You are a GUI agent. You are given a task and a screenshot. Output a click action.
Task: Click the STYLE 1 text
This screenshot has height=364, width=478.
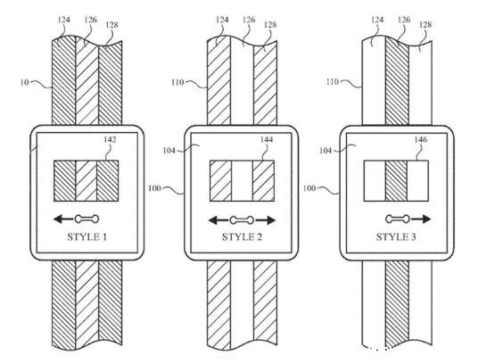click(x=87, y=237)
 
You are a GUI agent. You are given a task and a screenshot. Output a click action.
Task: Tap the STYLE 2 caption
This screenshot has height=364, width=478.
click(x=242, y=237)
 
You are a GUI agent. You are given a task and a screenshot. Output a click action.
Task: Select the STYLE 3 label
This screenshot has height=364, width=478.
click(x=396, y=237)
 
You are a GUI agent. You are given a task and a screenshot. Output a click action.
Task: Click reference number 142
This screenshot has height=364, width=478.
click(x=110, y=140)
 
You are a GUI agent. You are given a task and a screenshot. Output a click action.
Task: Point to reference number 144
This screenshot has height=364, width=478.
click(x=267, y=140)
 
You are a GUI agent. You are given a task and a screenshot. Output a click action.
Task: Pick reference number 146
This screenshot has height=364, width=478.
click(x=421, y=140)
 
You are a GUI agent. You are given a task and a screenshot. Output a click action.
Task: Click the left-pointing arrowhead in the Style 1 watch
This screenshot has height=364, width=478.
click(x=59, y=219)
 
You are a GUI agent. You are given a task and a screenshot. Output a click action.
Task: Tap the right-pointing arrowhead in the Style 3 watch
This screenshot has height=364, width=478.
click(x=425, y=219)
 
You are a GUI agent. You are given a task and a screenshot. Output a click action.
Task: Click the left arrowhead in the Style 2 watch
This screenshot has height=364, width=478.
click(x=214, y=220)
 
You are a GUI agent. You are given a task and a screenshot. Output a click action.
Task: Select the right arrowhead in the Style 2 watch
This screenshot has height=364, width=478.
click(x=270, y=220)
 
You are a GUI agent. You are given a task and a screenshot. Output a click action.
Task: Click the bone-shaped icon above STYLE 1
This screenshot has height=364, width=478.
click(x=87, y=219)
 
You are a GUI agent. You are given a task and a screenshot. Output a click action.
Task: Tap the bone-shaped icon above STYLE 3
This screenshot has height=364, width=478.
click(x=398, y=219)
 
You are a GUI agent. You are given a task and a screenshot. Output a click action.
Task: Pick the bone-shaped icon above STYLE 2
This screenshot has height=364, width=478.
click(x=242, y=220)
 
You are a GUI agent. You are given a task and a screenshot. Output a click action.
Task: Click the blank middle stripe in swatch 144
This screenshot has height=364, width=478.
click(x=242, y=181)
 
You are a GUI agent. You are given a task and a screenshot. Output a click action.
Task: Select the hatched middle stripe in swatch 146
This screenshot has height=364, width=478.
click(x=396, y=181)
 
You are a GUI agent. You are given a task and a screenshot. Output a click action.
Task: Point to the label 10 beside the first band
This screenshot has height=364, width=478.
click(x=25, y=82)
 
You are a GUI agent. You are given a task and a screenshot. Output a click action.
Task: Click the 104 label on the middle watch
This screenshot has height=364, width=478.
click(x=169, y=150)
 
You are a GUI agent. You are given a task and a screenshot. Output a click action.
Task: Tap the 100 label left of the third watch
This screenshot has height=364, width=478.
click(x=309, y=188)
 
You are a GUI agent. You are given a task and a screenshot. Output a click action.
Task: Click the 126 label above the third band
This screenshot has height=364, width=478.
click(x=404, y=20)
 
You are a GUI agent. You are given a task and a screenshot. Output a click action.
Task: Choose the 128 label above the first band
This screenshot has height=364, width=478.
click(x=111, y=25)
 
